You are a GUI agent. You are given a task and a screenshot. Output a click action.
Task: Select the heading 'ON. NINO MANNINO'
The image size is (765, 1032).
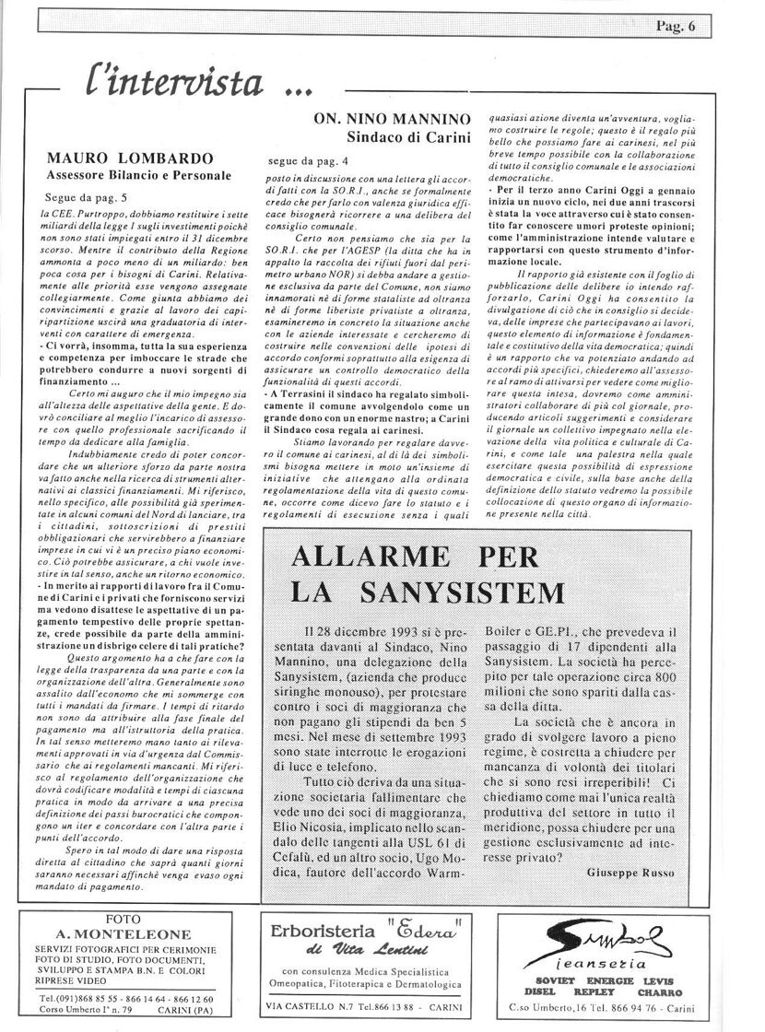(393, 120)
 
